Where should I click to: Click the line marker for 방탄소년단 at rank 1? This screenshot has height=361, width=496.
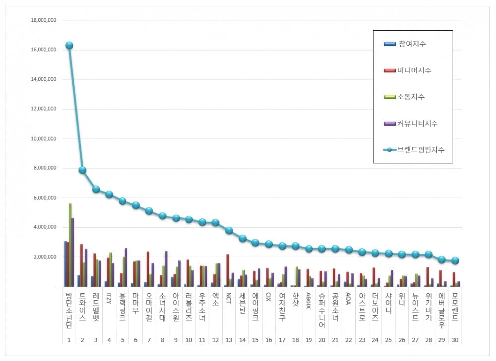click(69, 45)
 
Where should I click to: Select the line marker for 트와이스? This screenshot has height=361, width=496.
click(82, 170)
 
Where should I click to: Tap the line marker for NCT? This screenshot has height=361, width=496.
click(229, 230)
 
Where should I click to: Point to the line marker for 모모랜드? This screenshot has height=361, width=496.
click(455, 261)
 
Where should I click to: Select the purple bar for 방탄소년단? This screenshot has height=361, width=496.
click(73, 252)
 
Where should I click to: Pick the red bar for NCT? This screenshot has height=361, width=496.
click(227, 270)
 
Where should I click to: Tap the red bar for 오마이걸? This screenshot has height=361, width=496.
click(147, 269)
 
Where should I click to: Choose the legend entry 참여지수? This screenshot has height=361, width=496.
click(412, 44)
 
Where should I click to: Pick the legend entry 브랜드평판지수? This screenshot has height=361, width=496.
click(421, 149)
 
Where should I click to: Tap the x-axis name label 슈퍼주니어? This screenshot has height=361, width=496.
click(322, 311)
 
